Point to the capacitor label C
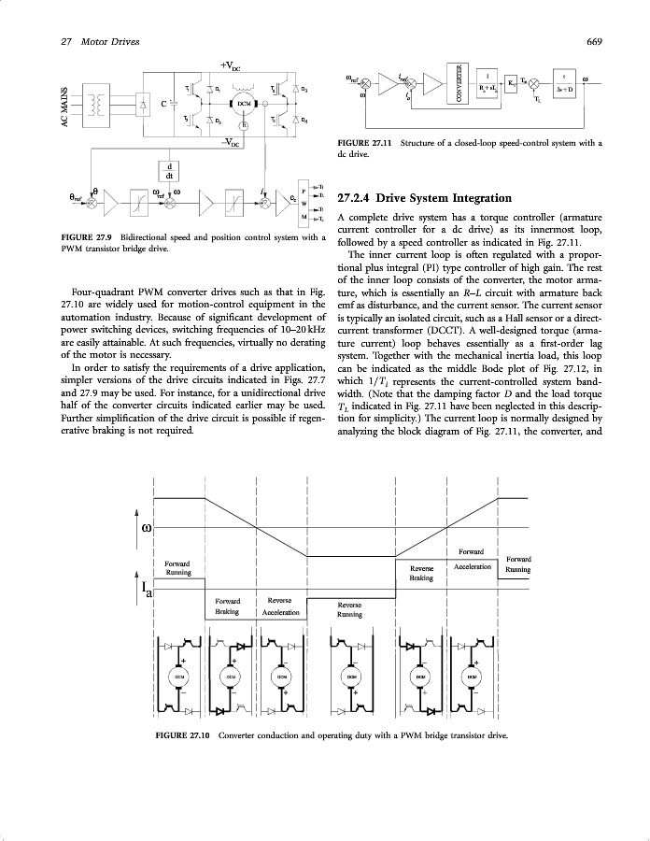click(165, 103)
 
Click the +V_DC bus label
click(231, 65)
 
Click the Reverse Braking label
click(421, 573)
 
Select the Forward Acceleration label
click(472, 560)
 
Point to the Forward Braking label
click(228, 606)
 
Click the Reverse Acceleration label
click(280, 606)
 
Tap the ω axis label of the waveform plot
click(146, 530)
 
